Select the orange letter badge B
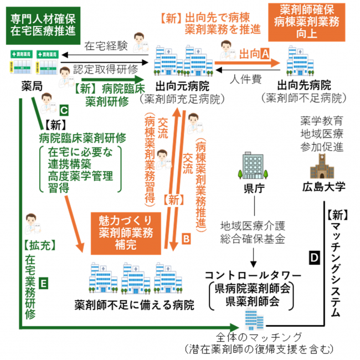pos(186,239)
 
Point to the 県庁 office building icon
pos(251,166)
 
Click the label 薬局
pos(26,86)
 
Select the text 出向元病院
pos(182,86)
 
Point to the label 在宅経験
pos(106,47)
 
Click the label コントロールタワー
pos(253,275)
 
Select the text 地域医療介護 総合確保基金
pos(254,233)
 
